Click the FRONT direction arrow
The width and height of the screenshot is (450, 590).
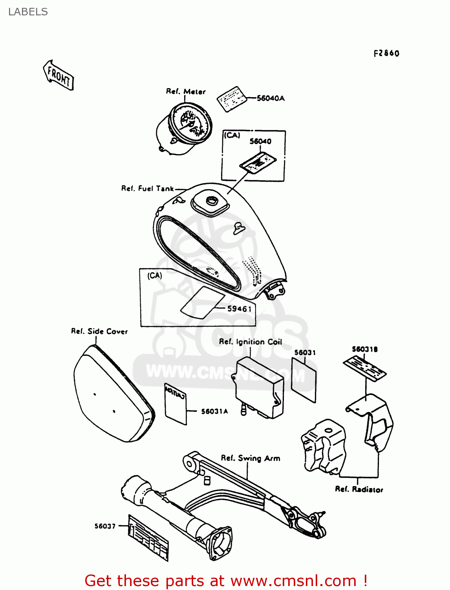click(x=58, y=75)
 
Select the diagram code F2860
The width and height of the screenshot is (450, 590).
click(x=386, y=53)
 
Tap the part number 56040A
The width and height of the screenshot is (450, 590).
click(x=271, y=98)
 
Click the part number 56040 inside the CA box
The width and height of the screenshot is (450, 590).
click(x=260, y=141)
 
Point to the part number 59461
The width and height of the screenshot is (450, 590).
click(x=239, y=309)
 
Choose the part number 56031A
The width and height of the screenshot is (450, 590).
click(x=214, y=411)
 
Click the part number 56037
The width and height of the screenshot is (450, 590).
click(x=105, y=526)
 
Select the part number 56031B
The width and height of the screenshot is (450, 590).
click(x=364, y=349)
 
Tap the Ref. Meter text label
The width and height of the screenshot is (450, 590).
click(x=186, y=92)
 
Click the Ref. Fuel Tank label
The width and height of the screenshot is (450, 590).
click(x=147, y=189)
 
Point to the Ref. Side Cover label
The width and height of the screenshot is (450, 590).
click(x=99, y=332)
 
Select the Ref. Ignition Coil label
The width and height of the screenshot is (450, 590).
click(x=250, y=342)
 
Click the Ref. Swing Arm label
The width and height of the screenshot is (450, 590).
click(x=251, y=458)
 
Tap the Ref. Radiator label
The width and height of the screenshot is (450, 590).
click(x=359, y=489)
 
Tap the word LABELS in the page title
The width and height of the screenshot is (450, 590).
click(x=28, y=12)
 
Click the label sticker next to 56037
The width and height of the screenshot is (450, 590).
click(x=148, y=537)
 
